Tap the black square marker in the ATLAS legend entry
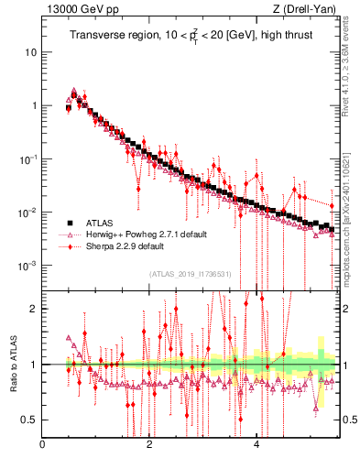coord(69,223)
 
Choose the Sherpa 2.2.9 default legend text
coord(125,246)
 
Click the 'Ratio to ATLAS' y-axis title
coord(13,364)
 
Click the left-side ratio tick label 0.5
coord(30,420)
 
